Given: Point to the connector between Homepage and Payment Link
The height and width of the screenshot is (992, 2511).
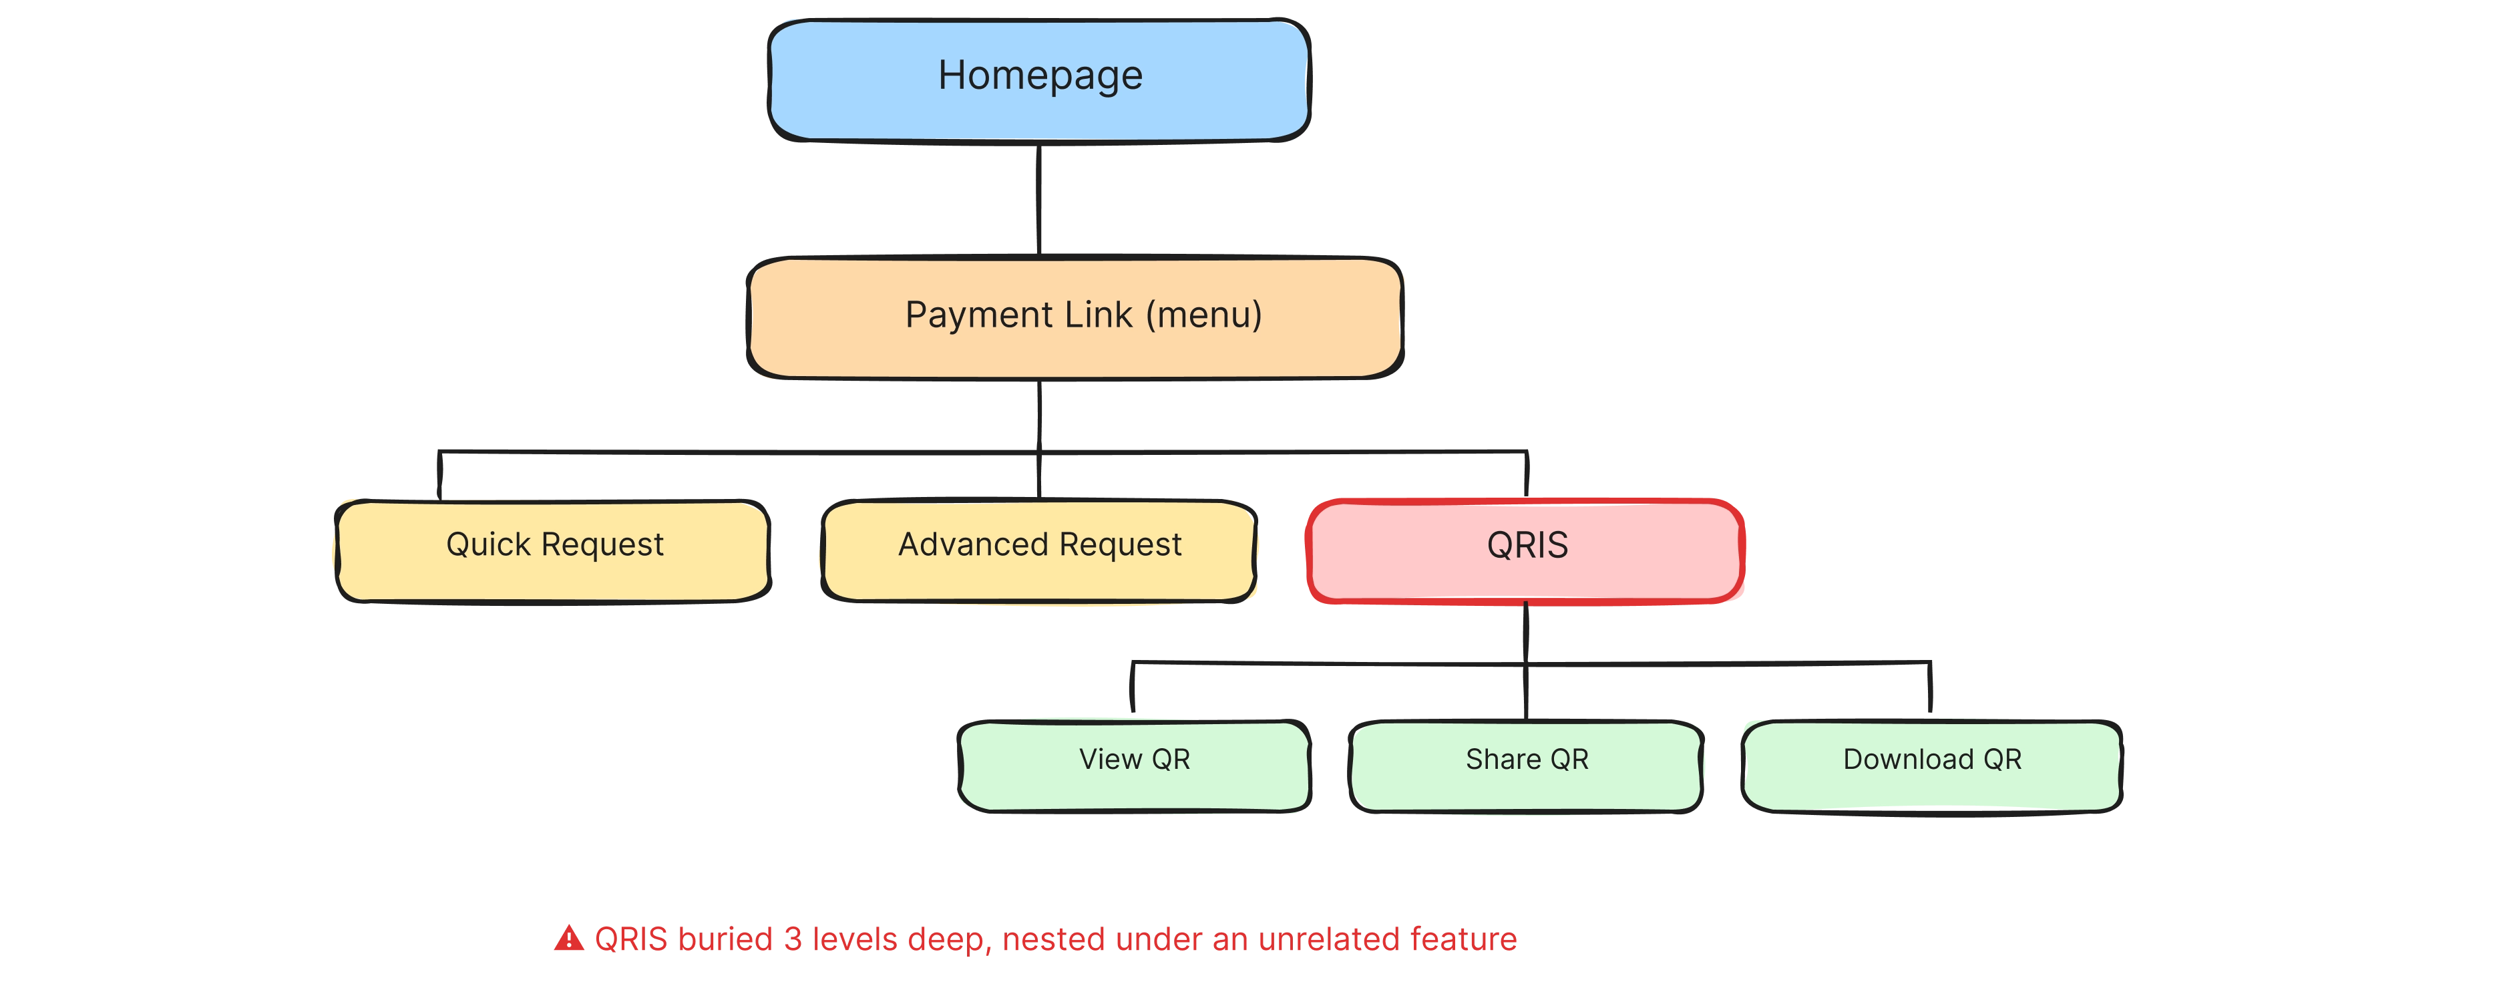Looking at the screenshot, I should (x=1037, y=200).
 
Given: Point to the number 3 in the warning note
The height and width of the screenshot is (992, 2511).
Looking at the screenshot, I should (x=793, y=939).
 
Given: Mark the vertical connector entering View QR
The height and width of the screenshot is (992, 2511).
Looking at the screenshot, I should (x=1132, y=693).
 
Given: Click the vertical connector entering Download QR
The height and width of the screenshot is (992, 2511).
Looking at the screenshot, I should (x=1928, y=693).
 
